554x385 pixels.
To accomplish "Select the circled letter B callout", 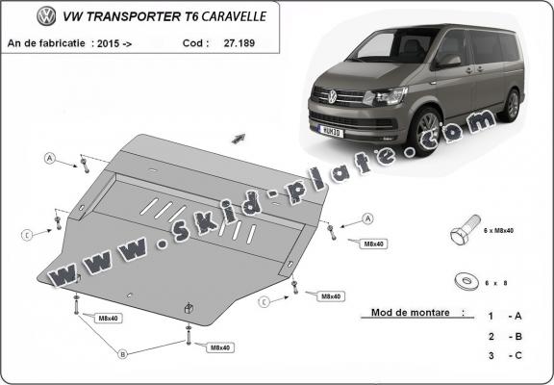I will pyautogui.click(x=122, y=354).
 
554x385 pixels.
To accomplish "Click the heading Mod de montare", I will pyautogui.click(x=410, y=314).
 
